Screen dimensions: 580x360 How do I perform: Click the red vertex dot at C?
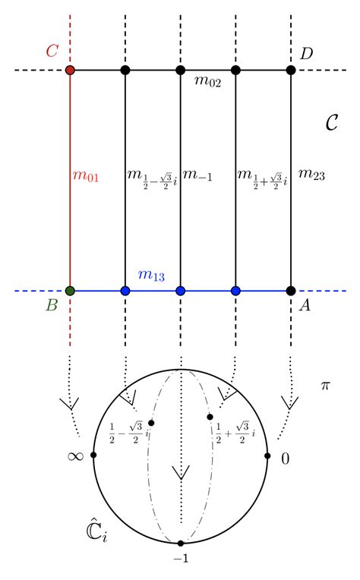coord(70,71)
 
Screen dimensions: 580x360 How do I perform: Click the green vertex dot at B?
coord(70,290)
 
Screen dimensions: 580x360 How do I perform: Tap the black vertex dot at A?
coord(290,290)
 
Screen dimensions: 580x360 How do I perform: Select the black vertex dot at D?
coord(290,71)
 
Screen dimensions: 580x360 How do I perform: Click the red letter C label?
coord(52,52)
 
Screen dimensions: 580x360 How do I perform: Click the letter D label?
coord(306,53)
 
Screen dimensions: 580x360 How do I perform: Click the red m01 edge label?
coord(86,176)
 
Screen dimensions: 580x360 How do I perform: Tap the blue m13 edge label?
coord(151,274)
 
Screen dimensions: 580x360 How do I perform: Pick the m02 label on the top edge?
coord(207,84)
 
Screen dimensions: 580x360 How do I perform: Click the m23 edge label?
coord(311,175)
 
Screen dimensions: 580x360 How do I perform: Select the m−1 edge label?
coord(199,176)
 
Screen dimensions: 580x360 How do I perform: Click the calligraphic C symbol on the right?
coord(331,121)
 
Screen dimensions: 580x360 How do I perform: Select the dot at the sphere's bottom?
coord(180,544)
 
